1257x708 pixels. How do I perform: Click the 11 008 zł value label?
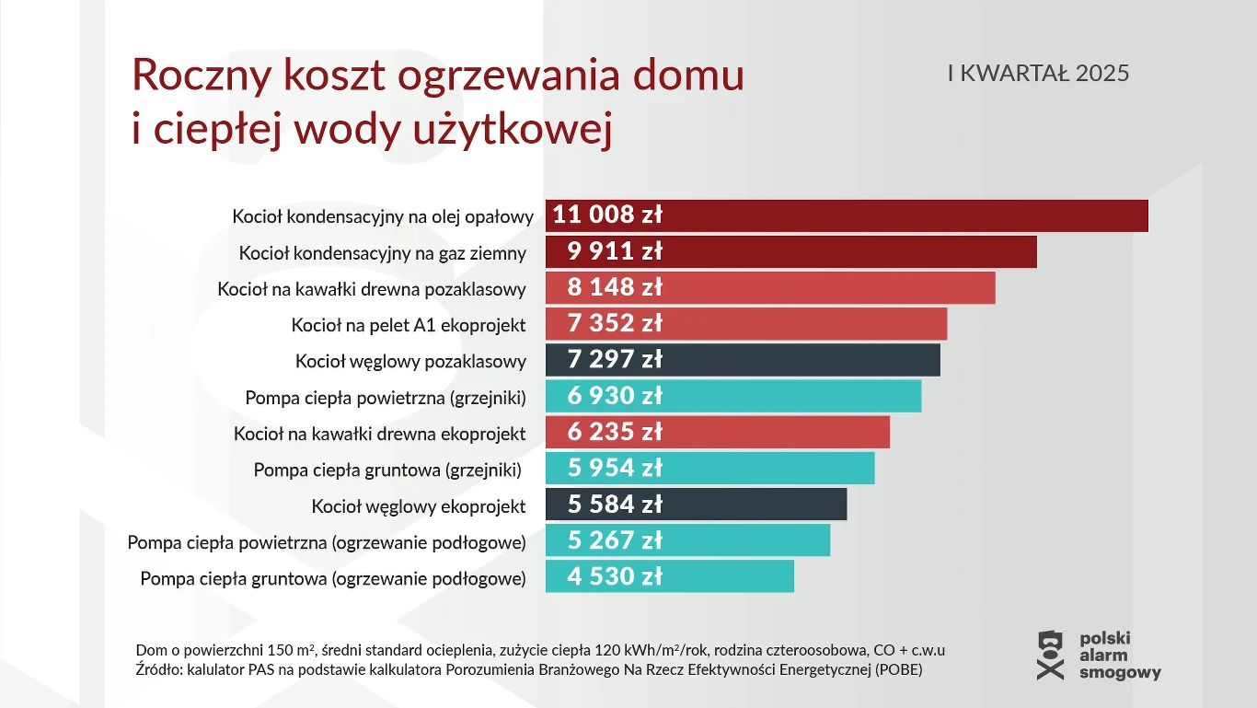[607, 215]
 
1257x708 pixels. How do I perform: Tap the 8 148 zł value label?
[615, 287]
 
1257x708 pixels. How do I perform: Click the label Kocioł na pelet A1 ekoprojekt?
[409, 325]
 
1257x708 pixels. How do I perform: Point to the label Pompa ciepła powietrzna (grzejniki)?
[386, 398]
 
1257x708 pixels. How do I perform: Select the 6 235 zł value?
[615, 432]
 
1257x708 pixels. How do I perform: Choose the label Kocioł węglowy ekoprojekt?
[419, 506]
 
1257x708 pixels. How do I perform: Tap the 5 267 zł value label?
[615, 540]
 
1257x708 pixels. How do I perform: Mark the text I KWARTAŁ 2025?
[1038, 74]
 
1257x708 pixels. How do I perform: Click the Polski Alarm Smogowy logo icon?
[1050, 655]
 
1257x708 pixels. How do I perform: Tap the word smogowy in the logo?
[1120, 673]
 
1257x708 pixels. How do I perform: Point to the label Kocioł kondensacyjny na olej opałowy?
[383, 217]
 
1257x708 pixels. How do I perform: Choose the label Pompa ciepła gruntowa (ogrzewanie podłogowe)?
[333, 579]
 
